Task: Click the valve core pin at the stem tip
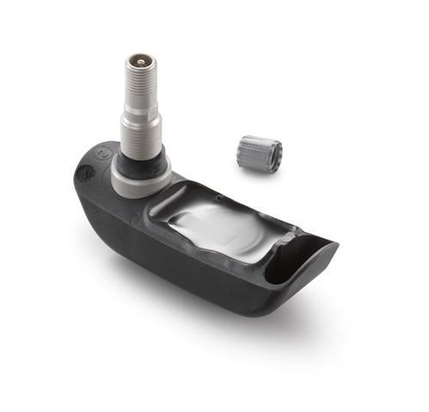tap(138, 62)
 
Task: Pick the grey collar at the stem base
tap(141, 175)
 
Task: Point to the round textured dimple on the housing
tap(87, 171)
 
